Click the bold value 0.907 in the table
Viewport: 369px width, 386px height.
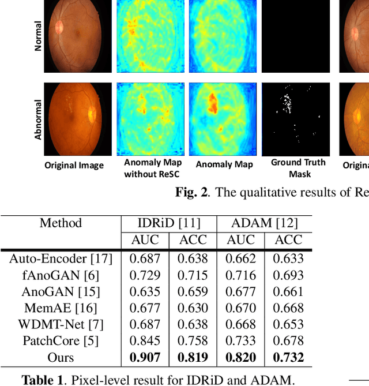(x=145, y=358)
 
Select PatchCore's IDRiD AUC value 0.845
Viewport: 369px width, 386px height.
(x=145, y=341)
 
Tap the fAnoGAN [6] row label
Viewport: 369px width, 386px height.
(x=61, y=275)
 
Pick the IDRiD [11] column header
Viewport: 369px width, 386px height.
(x=169, y=223)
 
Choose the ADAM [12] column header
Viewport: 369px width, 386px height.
(x=264, y=223)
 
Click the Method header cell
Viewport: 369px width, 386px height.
(x=61, y=223)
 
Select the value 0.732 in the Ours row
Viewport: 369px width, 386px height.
(x=288, y=358)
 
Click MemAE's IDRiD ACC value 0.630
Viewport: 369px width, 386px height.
(x=193, y=308)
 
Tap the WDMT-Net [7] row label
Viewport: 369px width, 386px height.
(x=61, y=324)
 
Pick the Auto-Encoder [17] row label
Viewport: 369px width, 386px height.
(x=61, y=258)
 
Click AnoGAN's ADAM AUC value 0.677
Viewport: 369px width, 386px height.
(x=240, y=291)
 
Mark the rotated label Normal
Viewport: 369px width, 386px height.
(x=38, y=37)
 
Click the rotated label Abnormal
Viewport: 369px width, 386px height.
(x=38, y=119)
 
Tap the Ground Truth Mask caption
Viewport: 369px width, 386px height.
(x=299, y=168)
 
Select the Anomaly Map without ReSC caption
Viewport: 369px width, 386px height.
(x=152, y=168)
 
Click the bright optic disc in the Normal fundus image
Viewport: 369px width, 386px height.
(x=59, y=27)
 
